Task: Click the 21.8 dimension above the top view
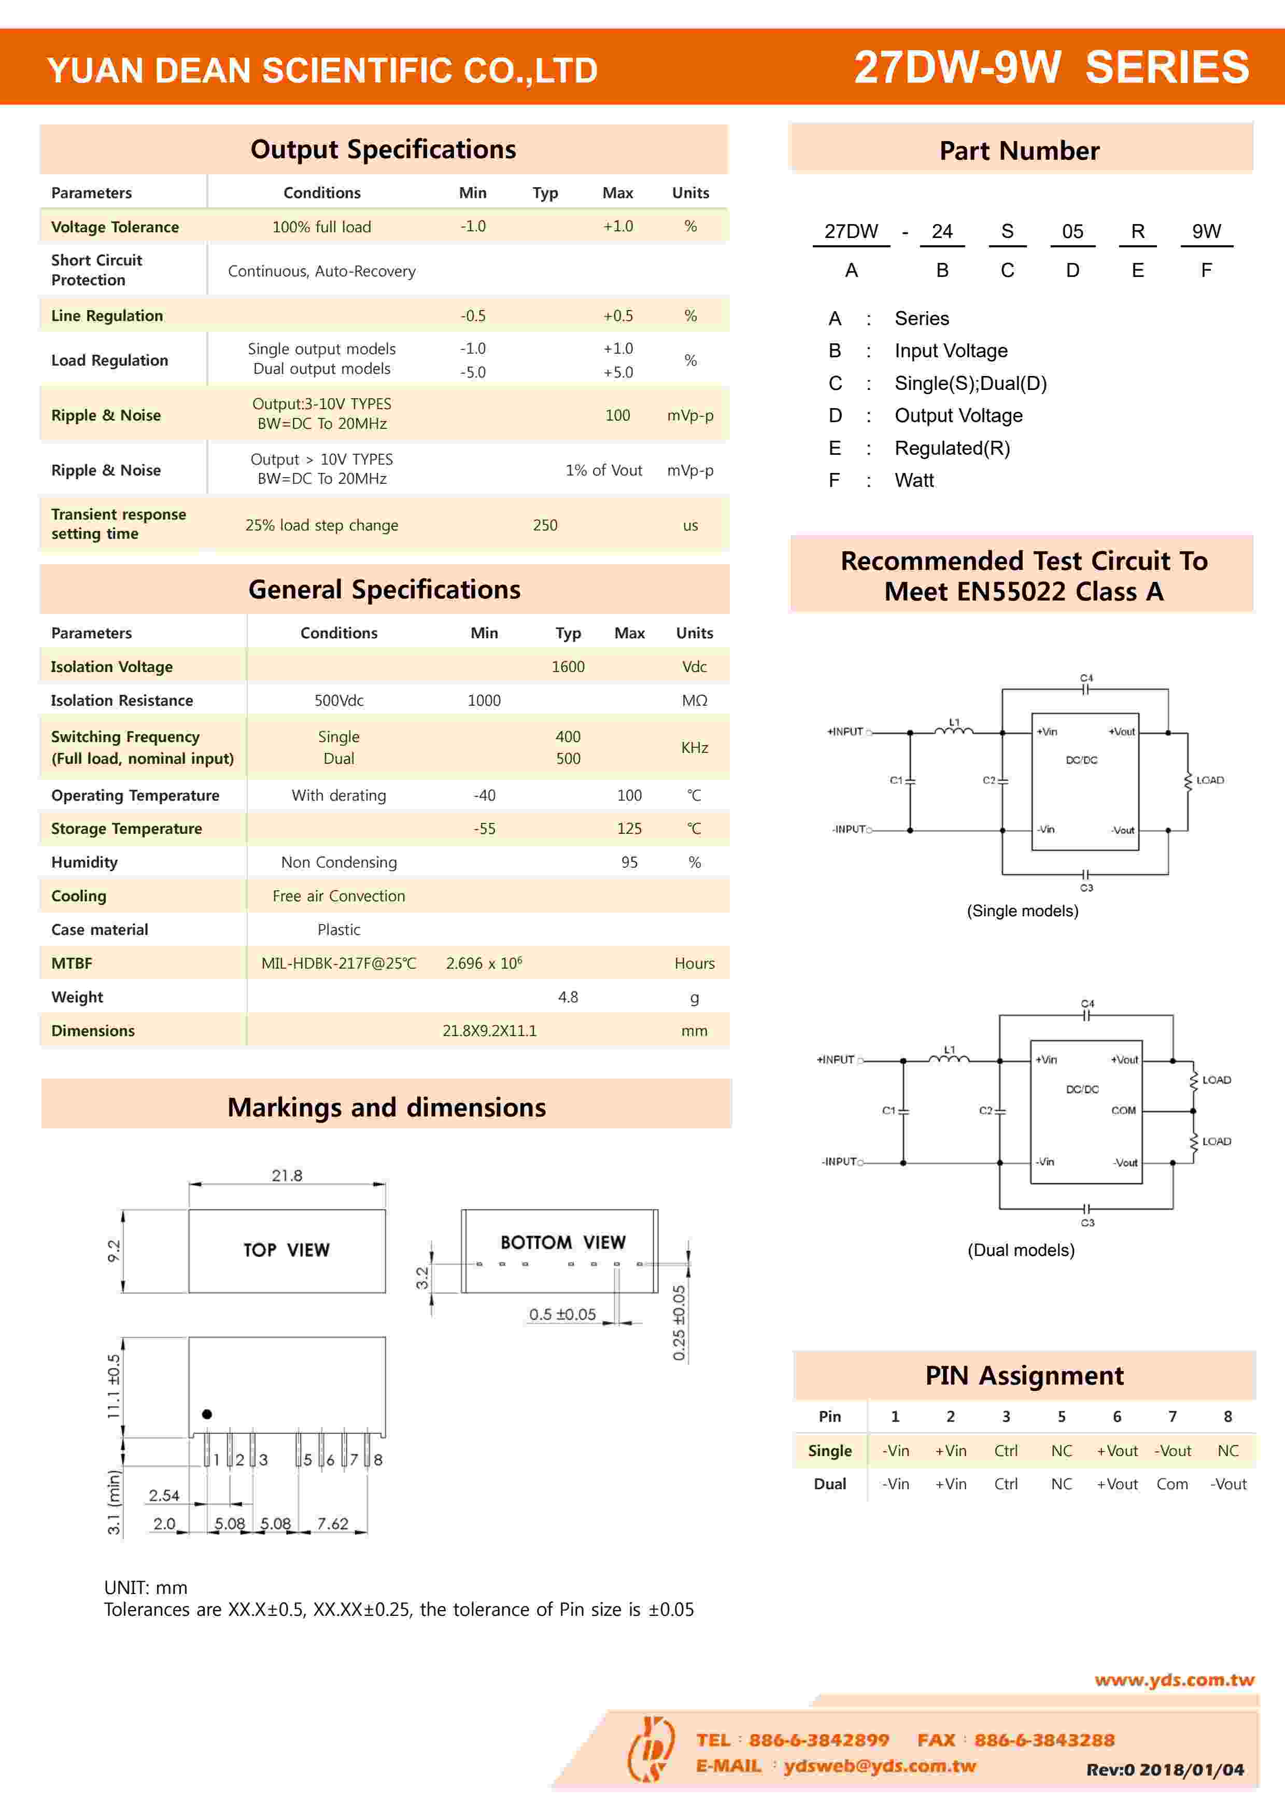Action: (287, 1175)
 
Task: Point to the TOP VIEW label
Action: (287, 1250)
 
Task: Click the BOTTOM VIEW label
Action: (562, 1242)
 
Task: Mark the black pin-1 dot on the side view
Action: (206, 1414)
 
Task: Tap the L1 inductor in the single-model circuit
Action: (954, 729)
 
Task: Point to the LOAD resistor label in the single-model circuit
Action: (1210, 780)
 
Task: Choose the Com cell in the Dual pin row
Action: (1172, 1484)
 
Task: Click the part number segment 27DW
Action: (851, 231)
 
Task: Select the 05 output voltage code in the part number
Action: (1072, 231)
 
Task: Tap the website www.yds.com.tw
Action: (1174, 1679)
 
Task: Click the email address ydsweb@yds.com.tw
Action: (879, 1766)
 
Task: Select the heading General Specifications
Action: (385, 590)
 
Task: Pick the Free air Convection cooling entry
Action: (338, 896)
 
